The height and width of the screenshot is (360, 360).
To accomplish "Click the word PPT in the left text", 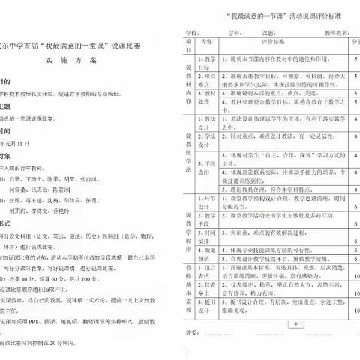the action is (x=55, y=330).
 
